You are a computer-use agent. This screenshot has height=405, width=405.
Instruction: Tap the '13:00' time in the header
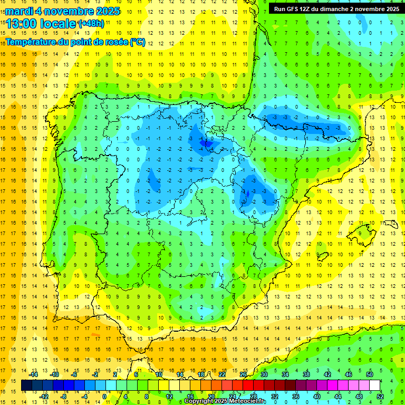21,24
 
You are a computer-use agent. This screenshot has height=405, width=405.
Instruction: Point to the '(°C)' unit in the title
137,42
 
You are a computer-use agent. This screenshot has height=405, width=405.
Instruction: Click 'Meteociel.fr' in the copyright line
247,401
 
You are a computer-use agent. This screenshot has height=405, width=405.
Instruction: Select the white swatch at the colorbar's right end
374,385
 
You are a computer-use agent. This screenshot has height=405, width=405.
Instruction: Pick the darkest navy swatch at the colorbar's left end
26,385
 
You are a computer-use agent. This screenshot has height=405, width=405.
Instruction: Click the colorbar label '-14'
34,374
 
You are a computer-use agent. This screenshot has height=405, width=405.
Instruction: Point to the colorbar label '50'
370,374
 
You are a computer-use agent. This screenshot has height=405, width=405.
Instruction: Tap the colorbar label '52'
380,397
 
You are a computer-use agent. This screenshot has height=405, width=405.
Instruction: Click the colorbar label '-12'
44,397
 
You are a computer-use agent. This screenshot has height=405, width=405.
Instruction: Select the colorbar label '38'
306,374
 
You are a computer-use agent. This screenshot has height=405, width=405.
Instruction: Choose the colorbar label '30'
264,374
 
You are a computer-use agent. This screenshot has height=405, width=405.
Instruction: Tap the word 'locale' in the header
59,24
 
